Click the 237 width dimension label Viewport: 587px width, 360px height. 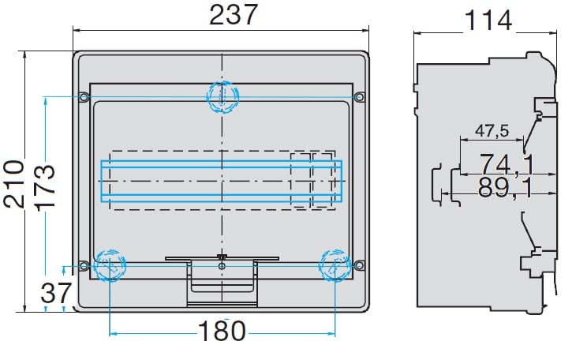(x=234, y=15)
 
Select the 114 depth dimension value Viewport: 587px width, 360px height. (x=488, y=21)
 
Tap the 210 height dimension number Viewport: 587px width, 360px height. (x=14, y=184)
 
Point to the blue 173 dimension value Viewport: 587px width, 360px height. (x=45, y=187)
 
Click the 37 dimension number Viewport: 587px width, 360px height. (x=56, y=293)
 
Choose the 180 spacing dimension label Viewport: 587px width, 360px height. (x=222, y=331)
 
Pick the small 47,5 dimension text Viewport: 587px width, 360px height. (x=492, y=131)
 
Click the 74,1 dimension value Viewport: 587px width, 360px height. (x=507, y=164)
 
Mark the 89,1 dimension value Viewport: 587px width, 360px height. (x=506, y=187)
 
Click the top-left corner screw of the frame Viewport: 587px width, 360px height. (x=84, y=97)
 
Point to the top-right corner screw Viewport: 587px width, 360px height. (x=360, y=97)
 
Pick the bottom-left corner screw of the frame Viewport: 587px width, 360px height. (x=84, y=266)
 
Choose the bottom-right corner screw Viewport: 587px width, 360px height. (x=360, y=266)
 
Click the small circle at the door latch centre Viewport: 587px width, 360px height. (x=222, y=266)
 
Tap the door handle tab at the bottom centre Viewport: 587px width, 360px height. (x=222, y=282)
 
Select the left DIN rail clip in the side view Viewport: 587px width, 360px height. (x=437, y=184)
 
